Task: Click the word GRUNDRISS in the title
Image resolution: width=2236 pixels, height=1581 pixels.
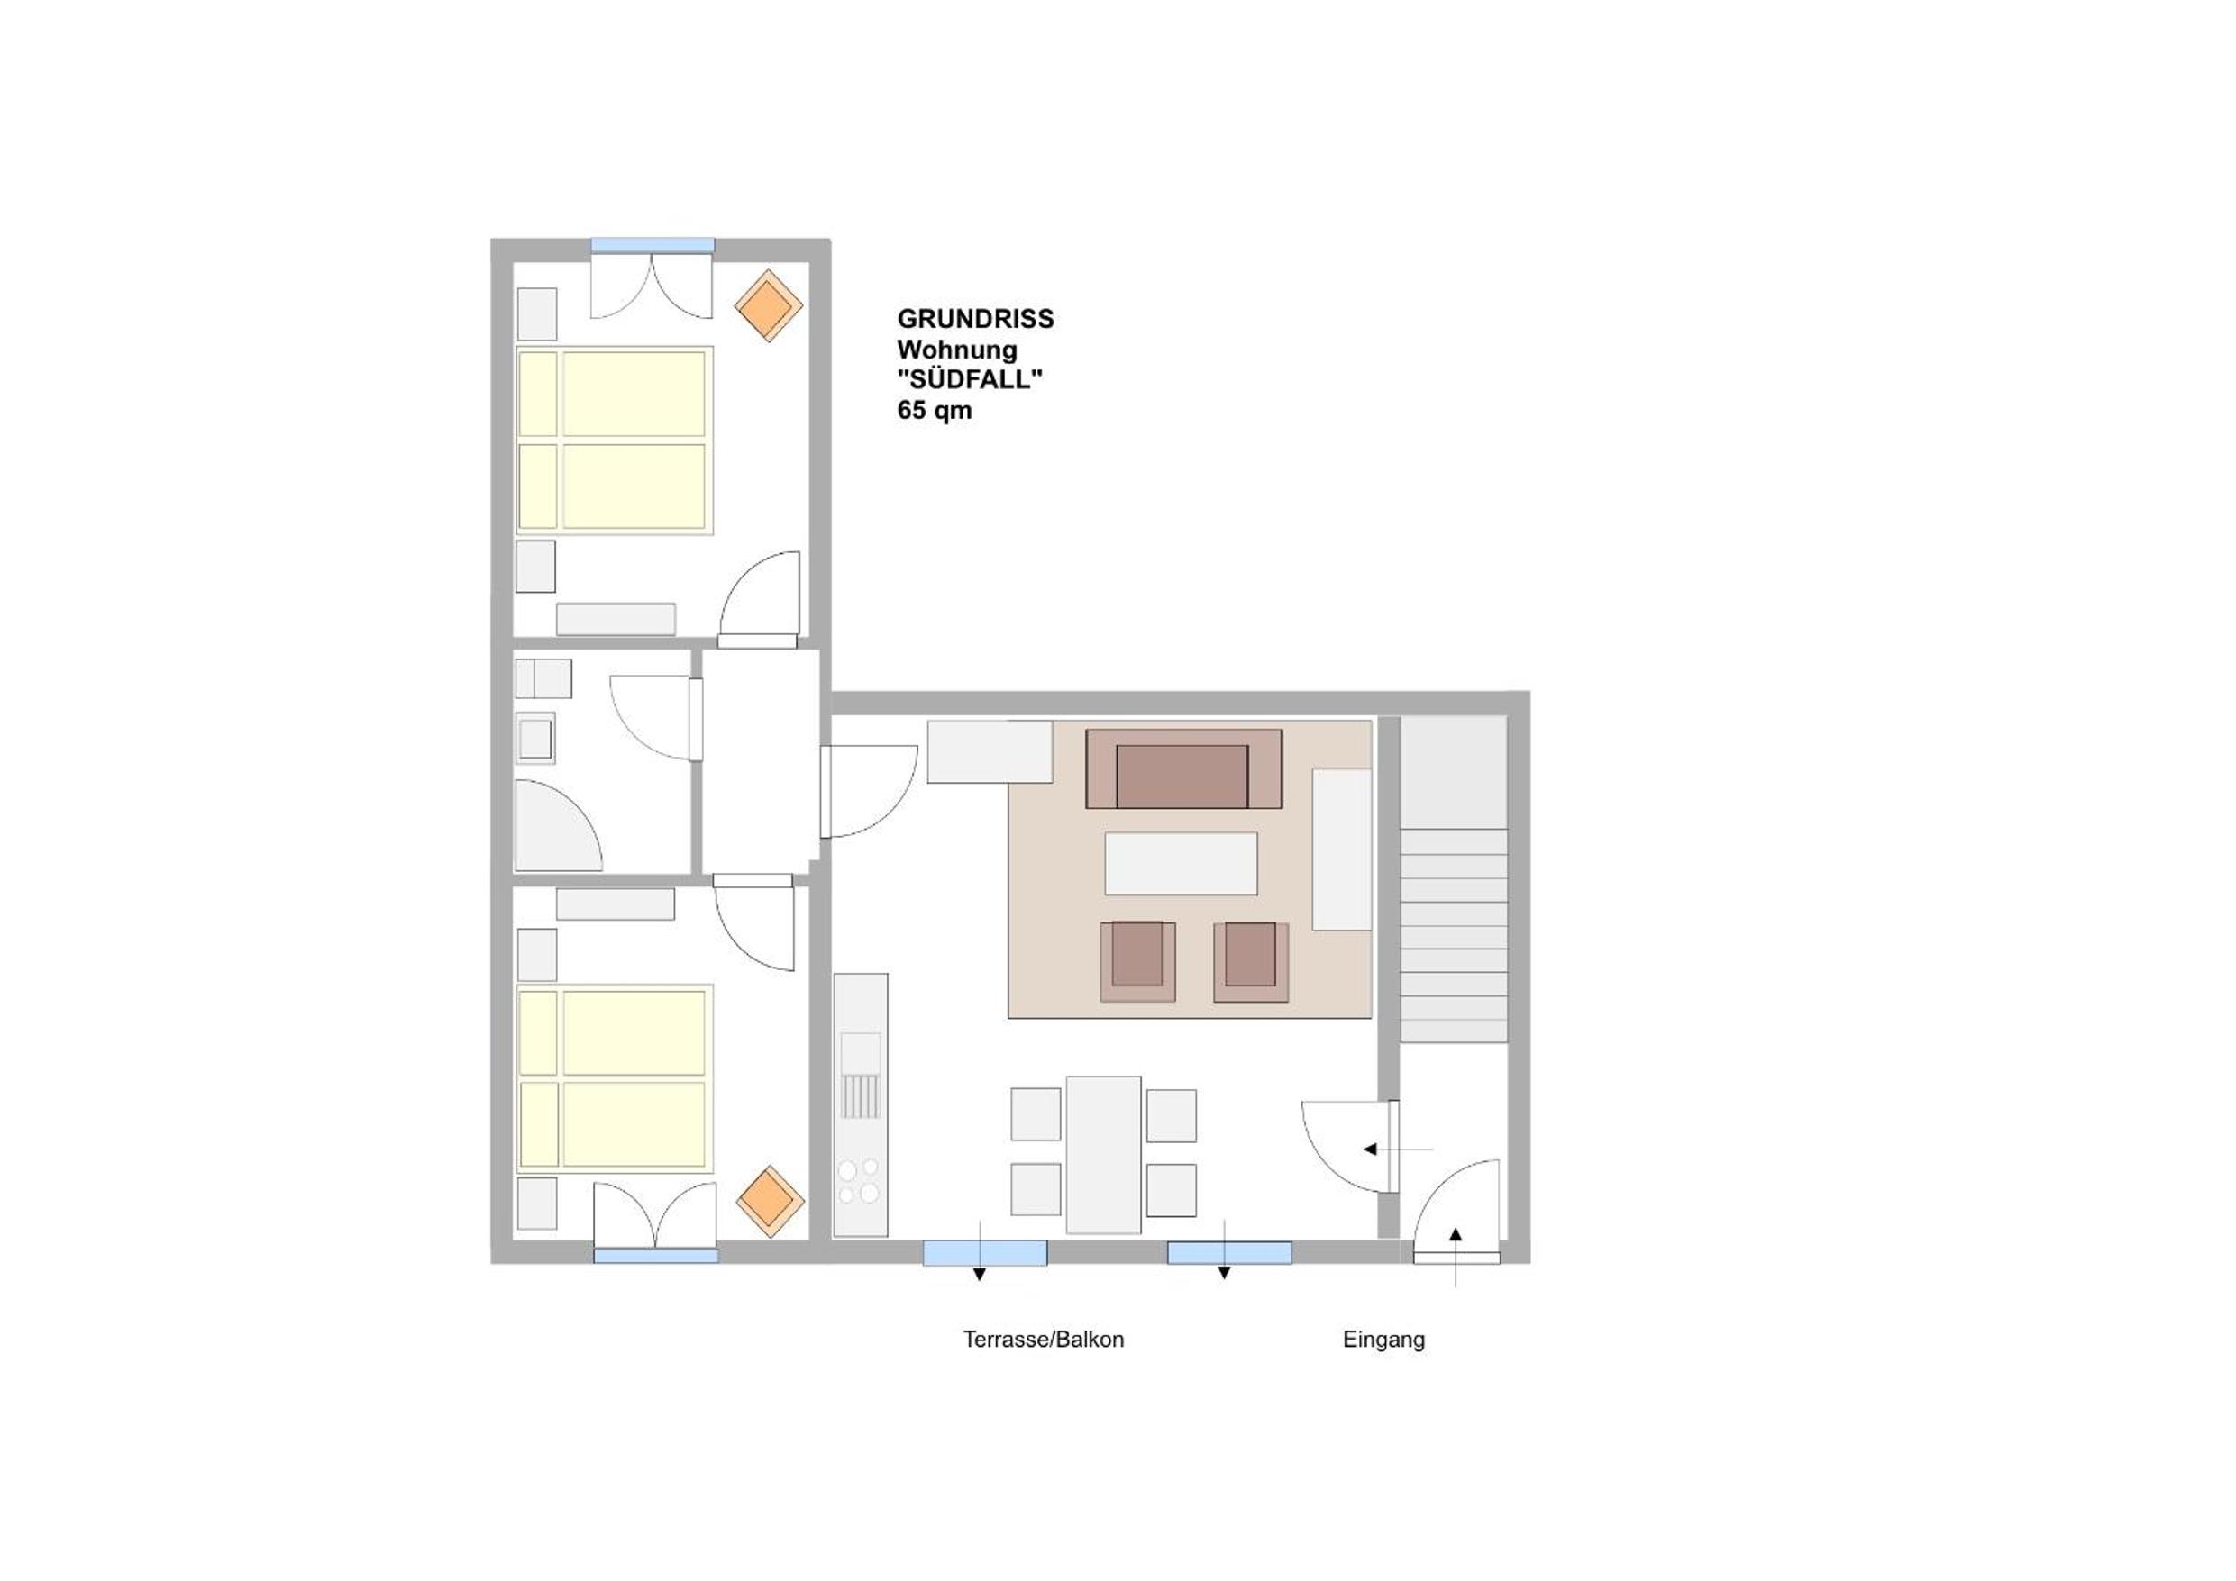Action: (x=975, y=319)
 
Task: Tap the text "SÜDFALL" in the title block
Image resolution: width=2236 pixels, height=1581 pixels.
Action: (x=970, y=379)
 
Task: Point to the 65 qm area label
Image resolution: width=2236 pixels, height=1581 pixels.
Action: (x=935, y=411)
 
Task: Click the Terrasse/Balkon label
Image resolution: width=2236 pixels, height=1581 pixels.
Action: (x=1043, y=1340)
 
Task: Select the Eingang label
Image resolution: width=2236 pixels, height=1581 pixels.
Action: (x=1383, y=1340)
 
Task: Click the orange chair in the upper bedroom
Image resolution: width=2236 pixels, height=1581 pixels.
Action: (x=769, y=305)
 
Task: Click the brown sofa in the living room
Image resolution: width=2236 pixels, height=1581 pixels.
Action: (x=1183, y=768)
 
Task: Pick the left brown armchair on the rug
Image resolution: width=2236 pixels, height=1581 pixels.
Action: (x=1137, y=961)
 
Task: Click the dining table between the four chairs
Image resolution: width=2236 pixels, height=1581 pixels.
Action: (x=1103, y=1155)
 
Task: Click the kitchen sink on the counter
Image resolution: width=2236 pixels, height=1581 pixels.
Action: (x=861, y=1075)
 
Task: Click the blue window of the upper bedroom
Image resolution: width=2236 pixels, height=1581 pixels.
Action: (x=653, y=245)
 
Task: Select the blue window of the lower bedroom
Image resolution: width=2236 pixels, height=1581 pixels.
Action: (x=656, y=1256)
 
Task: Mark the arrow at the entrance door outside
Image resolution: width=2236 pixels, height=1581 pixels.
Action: (x=1455, y=1257)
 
